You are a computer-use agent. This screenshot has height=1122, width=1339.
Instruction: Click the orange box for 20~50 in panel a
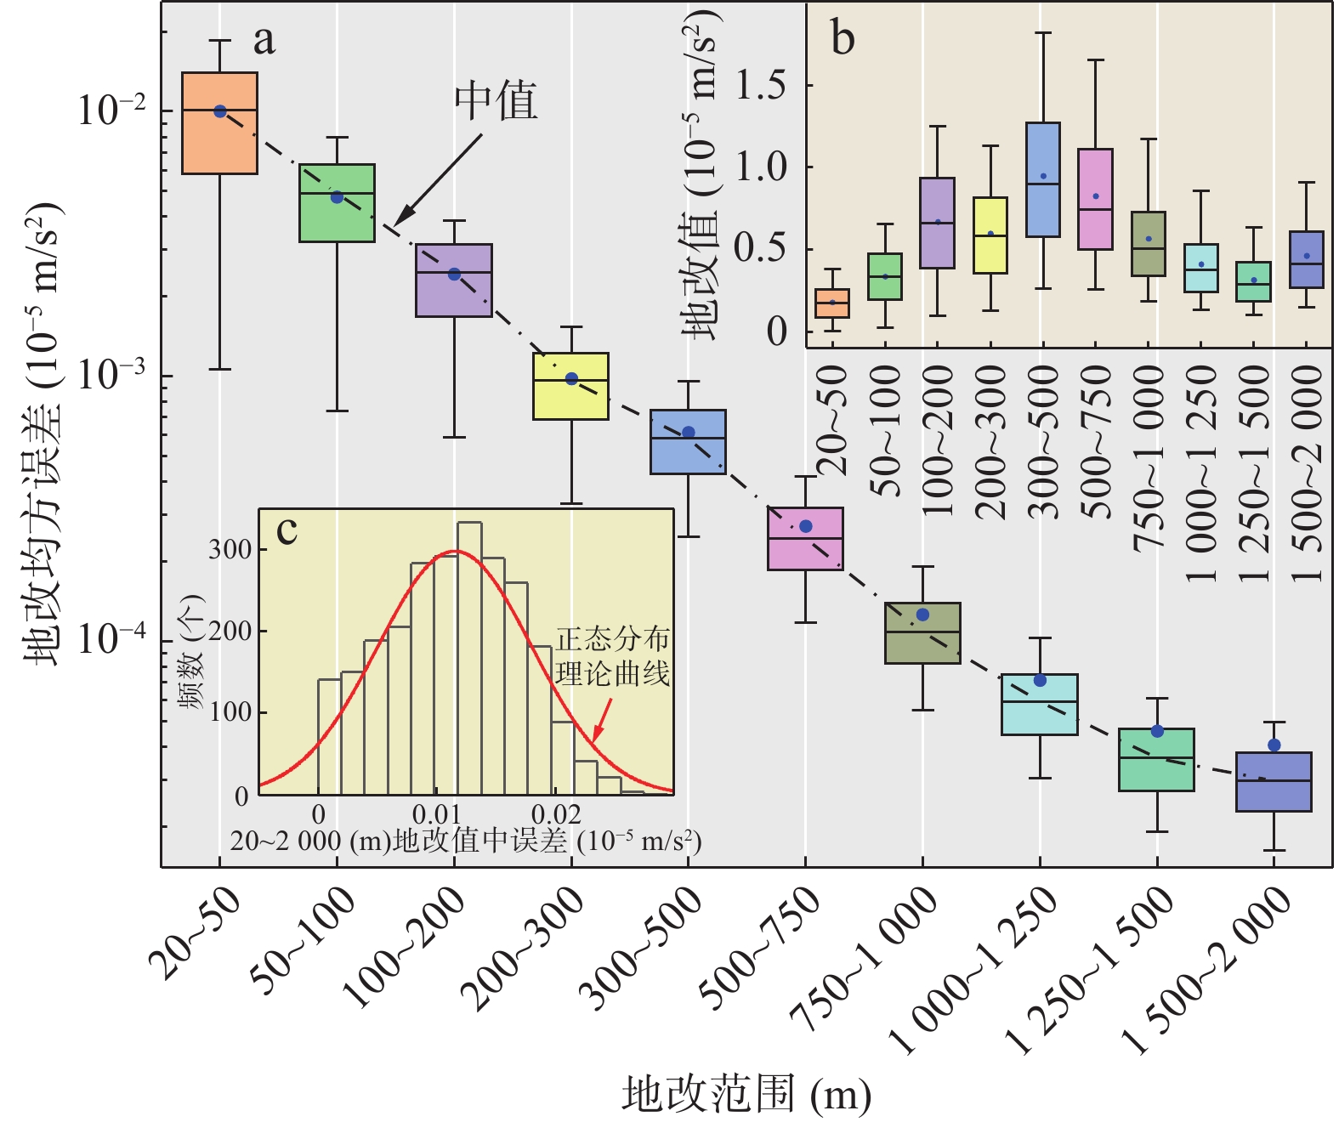click(220, 124)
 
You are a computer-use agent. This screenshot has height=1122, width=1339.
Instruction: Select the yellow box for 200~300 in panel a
click(570, 387)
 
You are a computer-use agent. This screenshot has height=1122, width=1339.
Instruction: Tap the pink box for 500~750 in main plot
click(805, 539)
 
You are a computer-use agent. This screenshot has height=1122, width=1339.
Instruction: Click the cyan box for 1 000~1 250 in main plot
click(1040, 705)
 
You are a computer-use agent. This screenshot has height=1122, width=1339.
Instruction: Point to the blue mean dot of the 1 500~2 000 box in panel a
click(1274, 745)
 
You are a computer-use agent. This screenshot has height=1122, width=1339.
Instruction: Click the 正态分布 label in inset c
click(613, 639)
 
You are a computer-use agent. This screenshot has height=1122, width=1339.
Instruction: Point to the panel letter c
click(287, 530)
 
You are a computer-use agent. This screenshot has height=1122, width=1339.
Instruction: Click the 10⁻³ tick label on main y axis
click(111, 375)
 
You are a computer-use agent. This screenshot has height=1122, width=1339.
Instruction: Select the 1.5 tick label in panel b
click(760, 85)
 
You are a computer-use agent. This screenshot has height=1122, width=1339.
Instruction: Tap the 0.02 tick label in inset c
click(556, 814)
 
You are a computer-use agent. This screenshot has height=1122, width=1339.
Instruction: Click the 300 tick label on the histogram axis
click(230, 550)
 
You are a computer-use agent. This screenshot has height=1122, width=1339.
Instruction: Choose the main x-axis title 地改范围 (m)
click(746, 1094)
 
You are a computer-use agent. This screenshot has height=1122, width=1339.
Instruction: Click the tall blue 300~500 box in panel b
click(1042, 179)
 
